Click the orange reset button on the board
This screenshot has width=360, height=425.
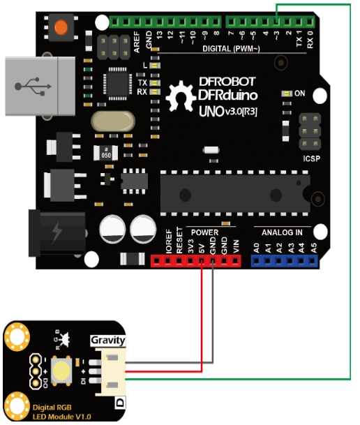pos(61,27)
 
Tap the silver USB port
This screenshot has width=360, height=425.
pos(38,85)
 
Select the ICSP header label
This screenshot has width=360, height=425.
pos(310,158)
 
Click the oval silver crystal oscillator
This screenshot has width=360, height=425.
pos(112,121)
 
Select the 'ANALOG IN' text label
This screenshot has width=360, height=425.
pos(282,232)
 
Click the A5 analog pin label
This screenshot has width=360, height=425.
pos(313,246)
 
